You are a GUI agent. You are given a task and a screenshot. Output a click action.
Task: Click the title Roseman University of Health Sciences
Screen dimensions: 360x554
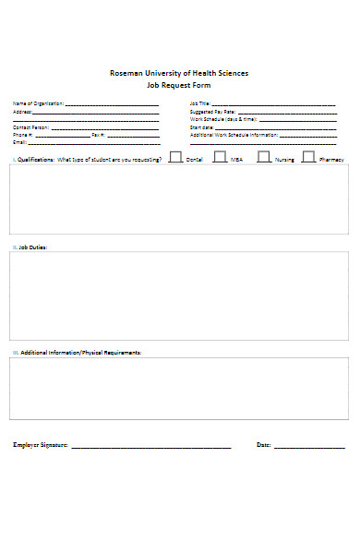tap(179, 73)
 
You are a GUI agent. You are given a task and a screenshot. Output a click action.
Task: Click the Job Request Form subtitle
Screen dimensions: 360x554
tap(179, 84)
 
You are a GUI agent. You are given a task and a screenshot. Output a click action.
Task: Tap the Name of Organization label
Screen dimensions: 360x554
tap(38, 103)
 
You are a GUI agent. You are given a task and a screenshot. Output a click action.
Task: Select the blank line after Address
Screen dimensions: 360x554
tap(96, 113)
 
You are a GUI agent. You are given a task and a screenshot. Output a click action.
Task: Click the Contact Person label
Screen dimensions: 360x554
tap(32, 126)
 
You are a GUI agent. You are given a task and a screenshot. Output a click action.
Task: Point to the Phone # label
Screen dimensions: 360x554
tap(23, 135)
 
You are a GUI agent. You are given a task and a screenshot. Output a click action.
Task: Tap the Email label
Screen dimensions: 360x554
tap(19, 143)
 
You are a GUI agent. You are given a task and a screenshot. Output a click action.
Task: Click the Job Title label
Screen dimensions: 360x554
tap(200, 103)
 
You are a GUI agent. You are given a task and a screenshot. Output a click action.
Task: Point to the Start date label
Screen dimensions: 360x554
tap(202, 127)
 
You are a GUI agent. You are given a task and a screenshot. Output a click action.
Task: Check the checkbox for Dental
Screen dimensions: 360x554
tap(175, 157)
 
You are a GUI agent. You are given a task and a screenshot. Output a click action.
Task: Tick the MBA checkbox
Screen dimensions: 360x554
tap(220, 157)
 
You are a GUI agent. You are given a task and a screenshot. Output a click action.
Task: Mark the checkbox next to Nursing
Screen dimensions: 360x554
tap(264, 157)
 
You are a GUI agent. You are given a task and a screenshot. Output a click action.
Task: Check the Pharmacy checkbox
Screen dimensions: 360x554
tap(308, 157)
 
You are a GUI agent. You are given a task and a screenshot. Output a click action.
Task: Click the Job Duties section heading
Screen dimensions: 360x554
tap(30, 247)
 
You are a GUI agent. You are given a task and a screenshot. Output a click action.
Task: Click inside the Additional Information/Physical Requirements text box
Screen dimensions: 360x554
tap(179, 389)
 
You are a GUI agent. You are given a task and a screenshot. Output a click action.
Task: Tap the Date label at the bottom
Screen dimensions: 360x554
tap(263, 445)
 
